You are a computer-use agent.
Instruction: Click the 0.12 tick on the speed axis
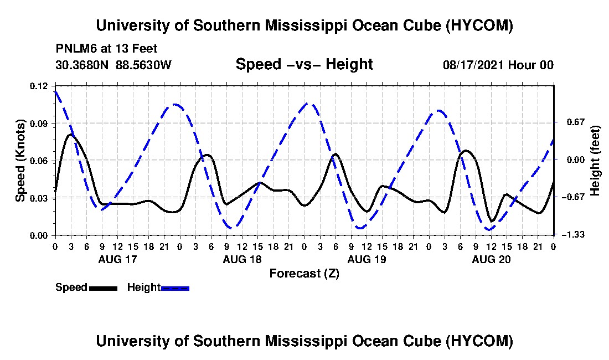point(39,86)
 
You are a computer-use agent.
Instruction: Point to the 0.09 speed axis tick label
point(39,124)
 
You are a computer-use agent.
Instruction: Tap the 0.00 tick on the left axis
point(39,236)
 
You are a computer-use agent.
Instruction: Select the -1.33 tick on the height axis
point(575,235)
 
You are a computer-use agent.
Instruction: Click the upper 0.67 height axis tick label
point(576,122)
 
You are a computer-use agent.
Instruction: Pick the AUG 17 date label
point(118,259)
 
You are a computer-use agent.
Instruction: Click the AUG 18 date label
point(242,259)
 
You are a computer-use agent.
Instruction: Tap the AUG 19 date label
point(367,259)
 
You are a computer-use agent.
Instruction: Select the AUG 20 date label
point(491,259)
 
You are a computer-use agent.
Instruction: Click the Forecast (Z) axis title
point(304,274)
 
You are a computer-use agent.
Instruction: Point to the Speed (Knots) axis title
point(20,161)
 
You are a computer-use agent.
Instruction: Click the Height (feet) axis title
point(595,161)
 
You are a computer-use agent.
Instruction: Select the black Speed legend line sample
point(103,288)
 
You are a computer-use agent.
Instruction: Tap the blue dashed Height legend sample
point(175,288)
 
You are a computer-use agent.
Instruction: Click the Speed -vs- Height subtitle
point(304,64)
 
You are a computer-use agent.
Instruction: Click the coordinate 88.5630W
point(143,65)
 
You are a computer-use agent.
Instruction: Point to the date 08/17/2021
point(473,65)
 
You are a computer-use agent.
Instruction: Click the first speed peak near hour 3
point(71,135)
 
